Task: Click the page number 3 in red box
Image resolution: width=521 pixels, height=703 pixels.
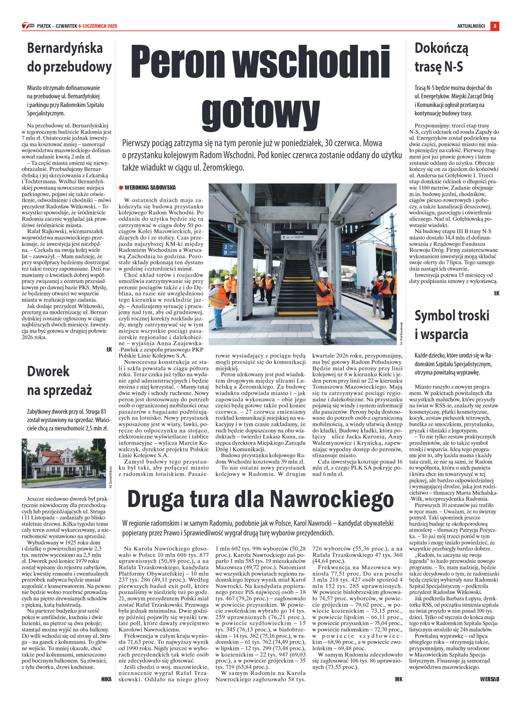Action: pos(495,26)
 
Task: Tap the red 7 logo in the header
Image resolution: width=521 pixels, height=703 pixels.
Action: pos(25,26)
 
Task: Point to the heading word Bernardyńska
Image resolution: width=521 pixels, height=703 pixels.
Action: pos(65,48)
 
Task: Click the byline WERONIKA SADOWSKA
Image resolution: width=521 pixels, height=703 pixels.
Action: pos(150,188)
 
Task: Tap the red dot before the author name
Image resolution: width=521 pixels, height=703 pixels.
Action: pos(121,188)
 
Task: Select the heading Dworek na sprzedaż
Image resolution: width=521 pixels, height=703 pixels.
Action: pos(60,381)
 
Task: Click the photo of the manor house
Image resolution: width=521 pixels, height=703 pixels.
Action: pos(64,463)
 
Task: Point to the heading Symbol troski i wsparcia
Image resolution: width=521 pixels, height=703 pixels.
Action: pos(452,325)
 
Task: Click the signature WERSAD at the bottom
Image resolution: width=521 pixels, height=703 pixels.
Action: pos(490,679)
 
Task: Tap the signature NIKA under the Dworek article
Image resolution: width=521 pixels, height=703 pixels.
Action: pos(106,679)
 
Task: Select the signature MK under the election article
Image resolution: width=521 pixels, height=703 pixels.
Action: pos(399,679)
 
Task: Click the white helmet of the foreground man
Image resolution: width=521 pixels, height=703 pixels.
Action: pos(324,275)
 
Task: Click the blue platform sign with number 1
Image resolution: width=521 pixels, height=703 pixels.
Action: pos(349,249)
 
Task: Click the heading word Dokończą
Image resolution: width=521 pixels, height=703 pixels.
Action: pos(441,48)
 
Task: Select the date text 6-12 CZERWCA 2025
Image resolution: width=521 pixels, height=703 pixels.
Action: pos(98,26)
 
